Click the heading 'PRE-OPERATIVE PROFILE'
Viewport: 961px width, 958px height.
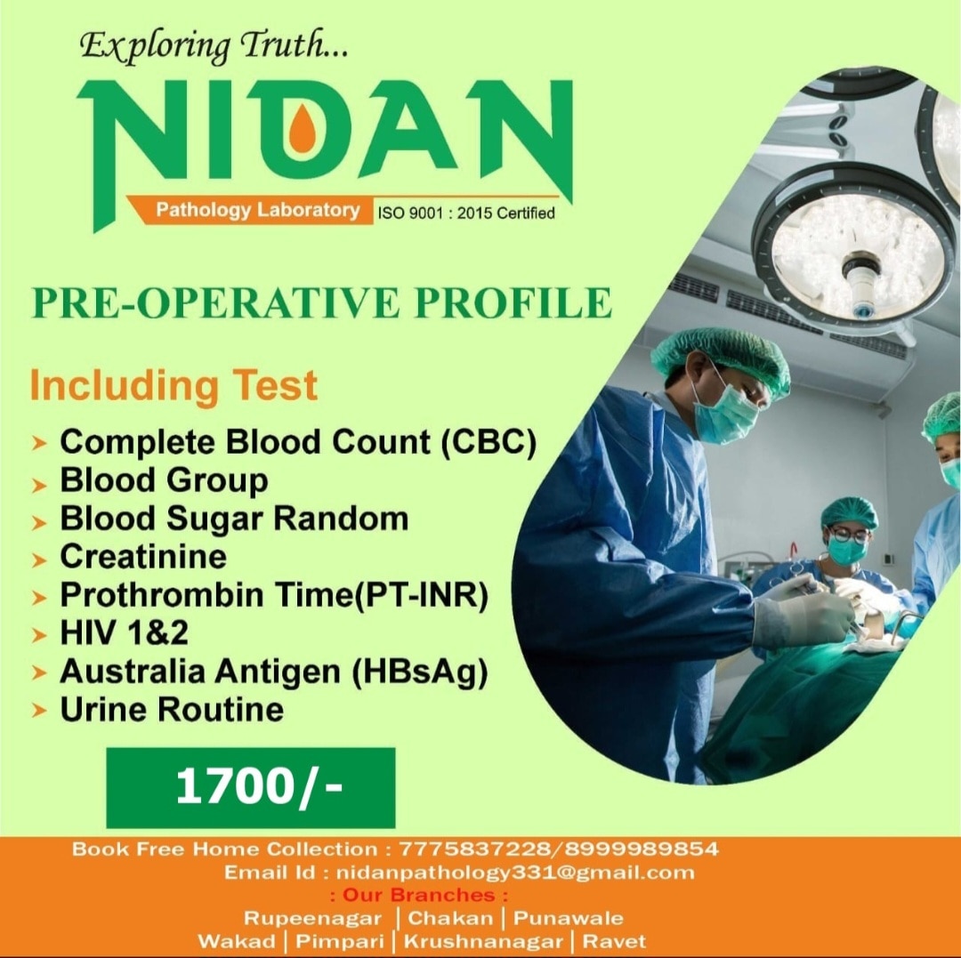(321, 302)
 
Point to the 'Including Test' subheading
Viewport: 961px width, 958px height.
(174, 386)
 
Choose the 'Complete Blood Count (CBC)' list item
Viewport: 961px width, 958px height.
(297, 442)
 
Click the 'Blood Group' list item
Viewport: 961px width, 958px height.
(164, 480)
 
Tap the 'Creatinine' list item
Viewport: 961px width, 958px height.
(143, 557)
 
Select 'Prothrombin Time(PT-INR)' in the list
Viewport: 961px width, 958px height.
(274, 595)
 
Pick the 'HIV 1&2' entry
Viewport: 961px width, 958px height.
(124, 633)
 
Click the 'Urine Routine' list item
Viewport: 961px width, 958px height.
(172, 710)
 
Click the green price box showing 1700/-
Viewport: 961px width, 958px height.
(250, 788)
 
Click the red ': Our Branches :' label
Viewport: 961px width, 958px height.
(418, 895)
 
